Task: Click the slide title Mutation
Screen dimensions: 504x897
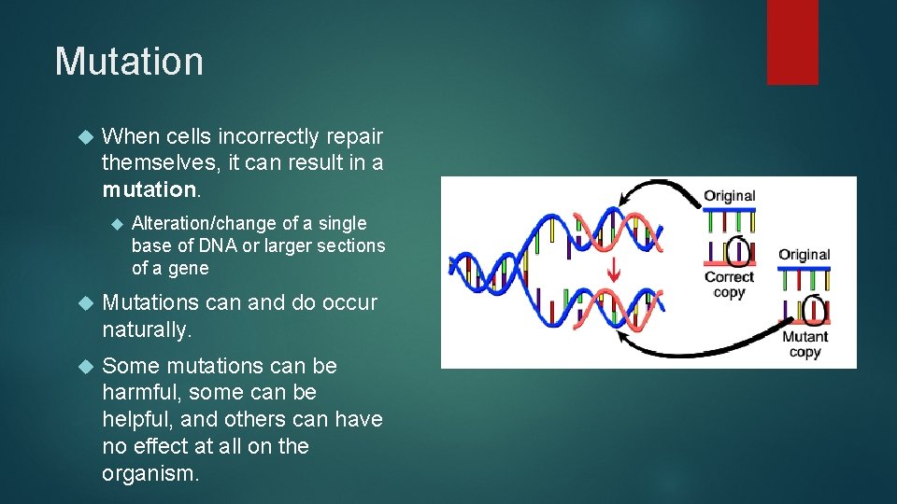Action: click(x=129, y=62)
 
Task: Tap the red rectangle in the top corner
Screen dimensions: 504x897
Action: click(x=792, y=41)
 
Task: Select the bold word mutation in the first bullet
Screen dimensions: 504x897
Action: click(x=149, y=189)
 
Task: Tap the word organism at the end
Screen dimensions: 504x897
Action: click(x=149, y=473)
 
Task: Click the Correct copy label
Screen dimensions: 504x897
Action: click(x=729, y=285)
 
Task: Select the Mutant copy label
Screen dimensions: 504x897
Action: click(x=804, y=344)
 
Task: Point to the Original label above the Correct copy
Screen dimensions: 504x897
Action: click(x=730, y=196)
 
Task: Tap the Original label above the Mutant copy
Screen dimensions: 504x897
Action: click(x=804, y=255)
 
